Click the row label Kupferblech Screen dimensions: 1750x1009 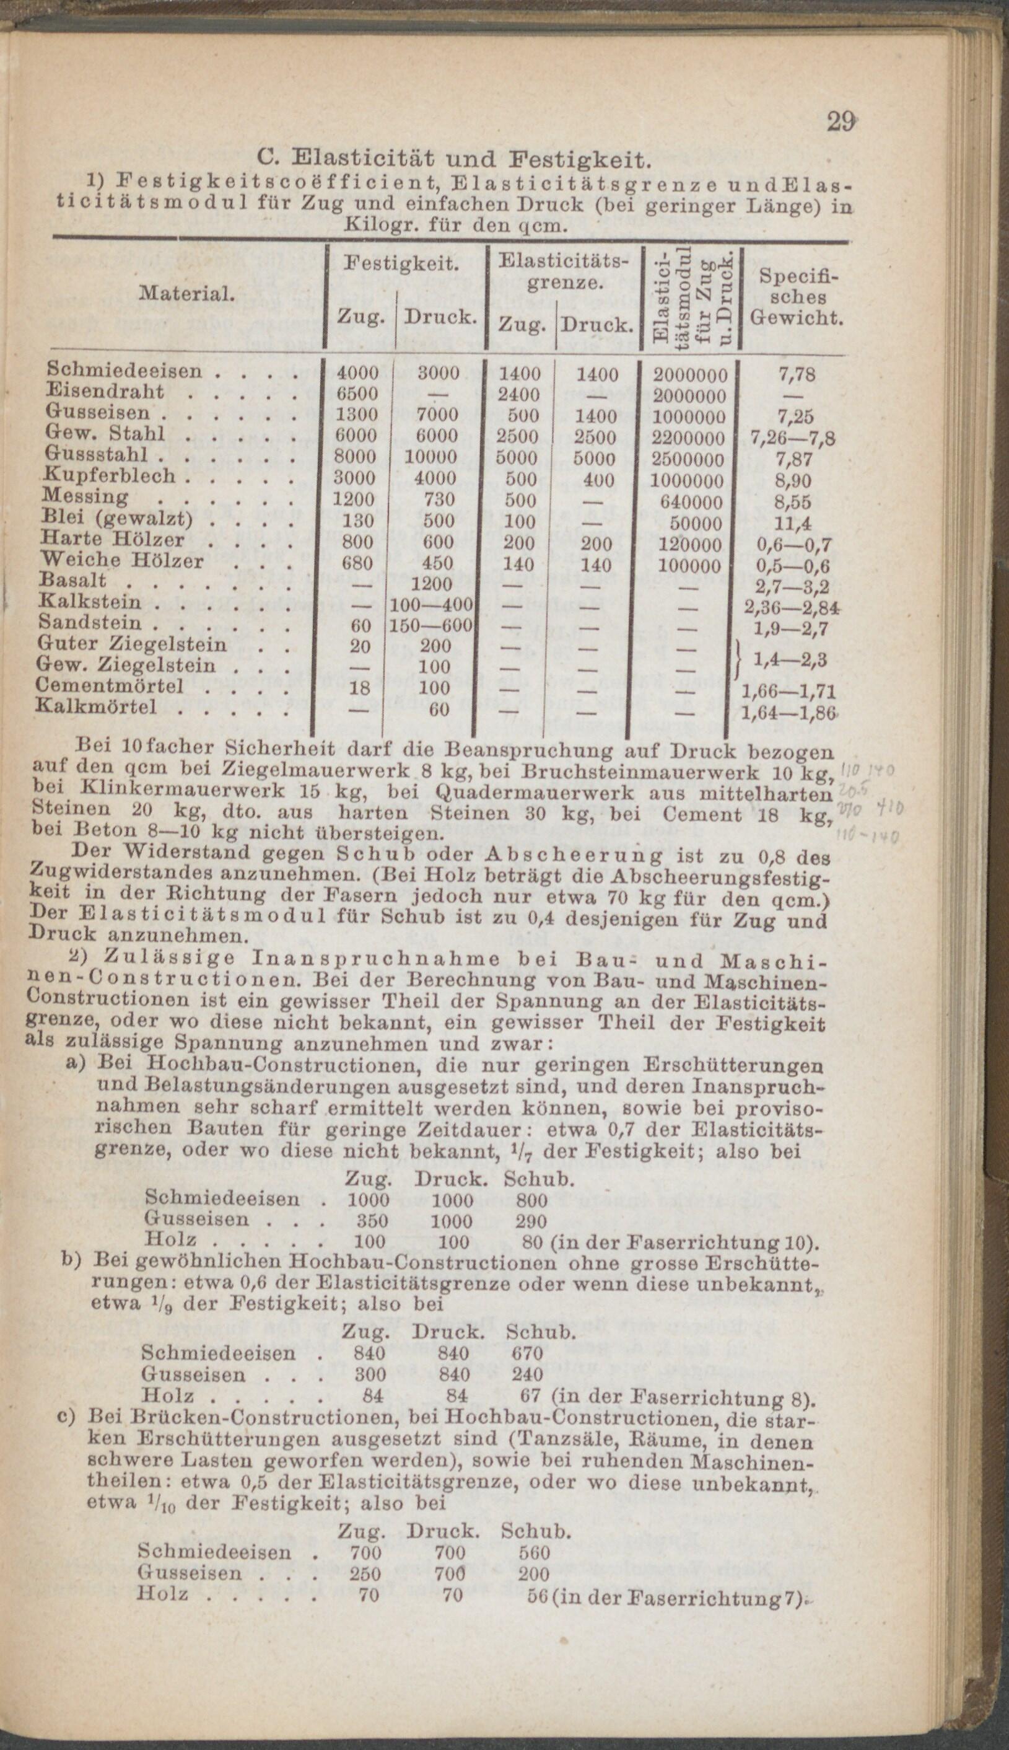pos(111,478)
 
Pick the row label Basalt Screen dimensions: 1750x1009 pos(74,580)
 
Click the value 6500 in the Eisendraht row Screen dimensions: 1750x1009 pos(357,394)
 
